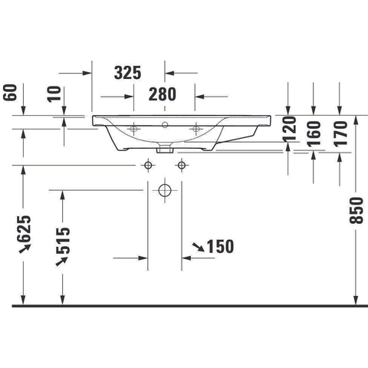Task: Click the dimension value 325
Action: [127, 73]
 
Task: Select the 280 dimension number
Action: [163, 94]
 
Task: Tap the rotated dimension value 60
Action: [11, 93]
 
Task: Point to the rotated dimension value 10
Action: [54, 94]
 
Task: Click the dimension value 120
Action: [290, 129]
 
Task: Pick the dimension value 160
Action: [314, 133]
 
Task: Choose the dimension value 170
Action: [340, 133]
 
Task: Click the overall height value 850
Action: [356, 211]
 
